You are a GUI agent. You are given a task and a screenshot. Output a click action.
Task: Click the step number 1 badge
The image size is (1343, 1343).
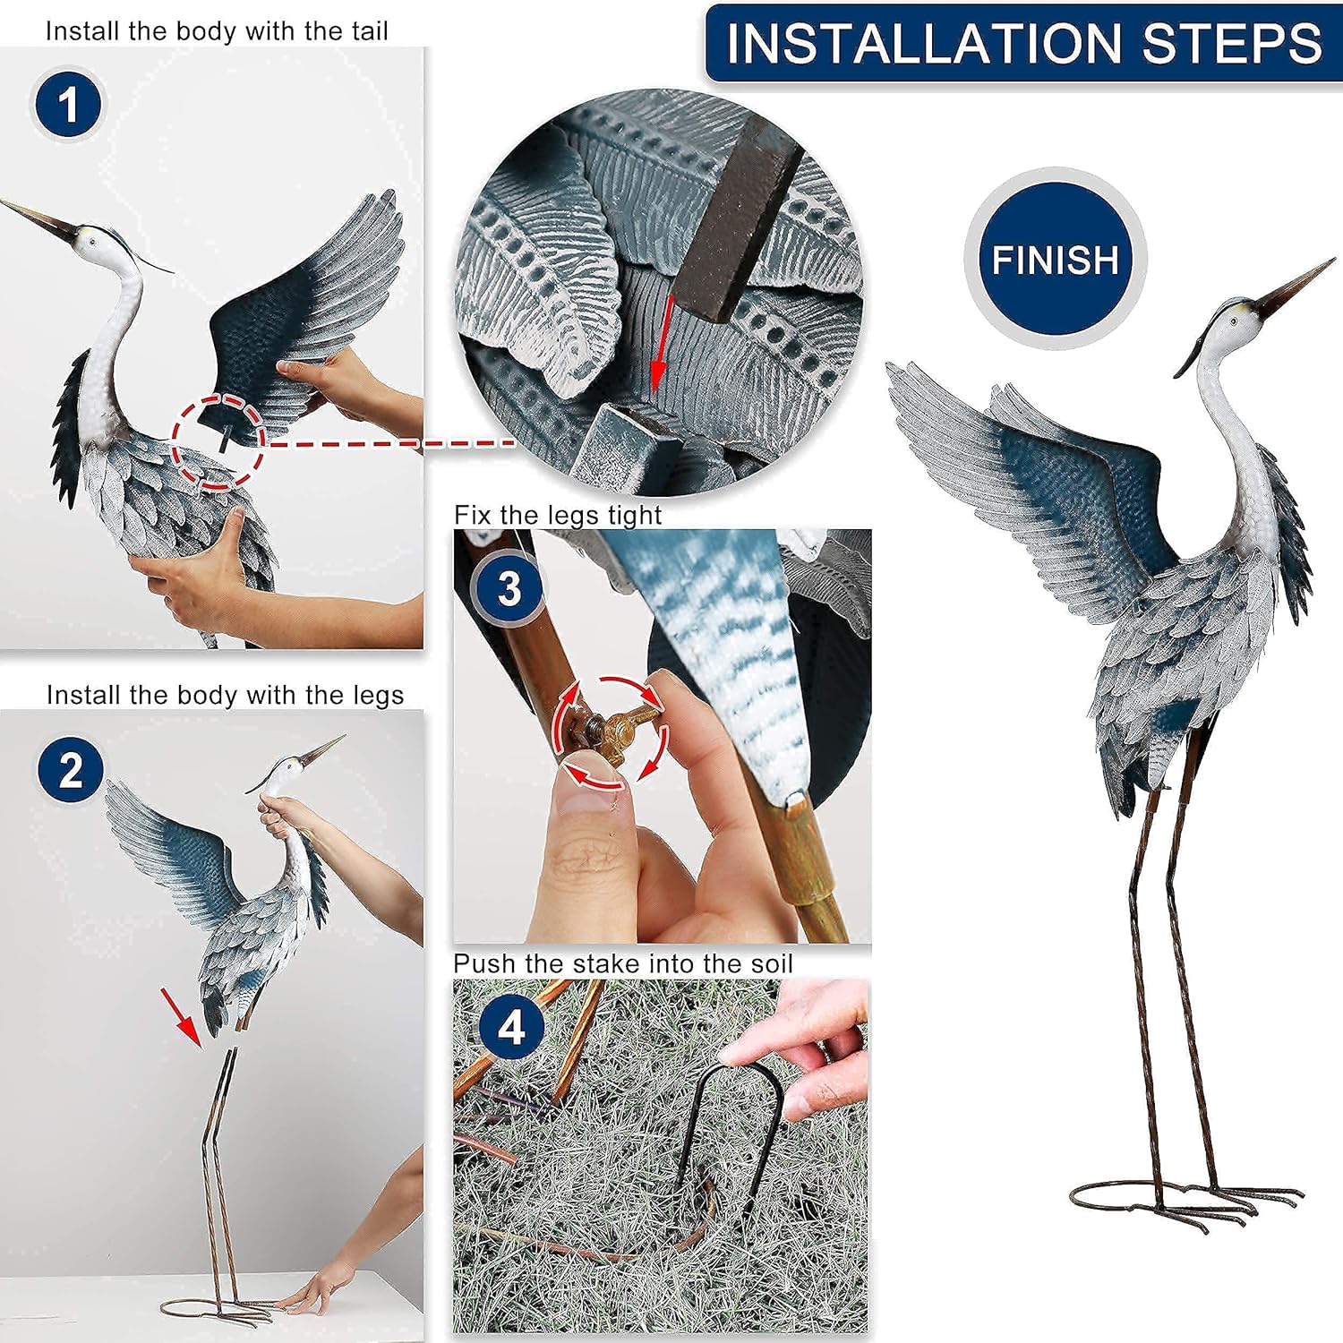pos(68,105)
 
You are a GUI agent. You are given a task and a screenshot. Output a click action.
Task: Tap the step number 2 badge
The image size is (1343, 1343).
pos(72,770)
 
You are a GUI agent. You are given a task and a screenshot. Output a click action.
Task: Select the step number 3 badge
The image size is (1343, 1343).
pos(509,589)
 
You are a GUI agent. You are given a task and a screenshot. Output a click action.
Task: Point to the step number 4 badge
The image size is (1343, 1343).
pos(511,1027)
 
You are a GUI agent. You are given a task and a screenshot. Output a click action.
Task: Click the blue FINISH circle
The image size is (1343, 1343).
pos(1055,259)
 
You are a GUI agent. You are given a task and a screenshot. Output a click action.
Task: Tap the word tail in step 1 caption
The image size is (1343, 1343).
pos(370,31)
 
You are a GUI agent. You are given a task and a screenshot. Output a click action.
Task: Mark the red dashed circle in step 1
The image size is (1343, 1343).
pos(218,441)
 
